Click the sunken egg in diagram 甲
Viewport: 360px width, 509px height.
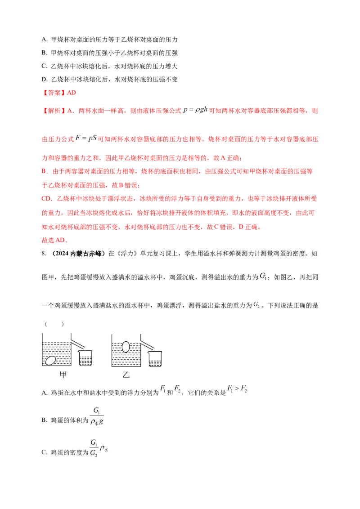pyautogui.click(x=50, y=360)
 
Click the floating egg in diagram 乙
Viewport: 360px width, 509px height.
pyautogui.click(x=126, y=347)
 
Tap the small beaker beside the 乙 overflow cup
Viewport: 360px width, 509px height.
pyautogui.click(x=155, y=359)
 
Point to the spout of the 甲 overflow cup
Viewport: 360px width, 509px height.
pyautogui.click(x=78, y=342)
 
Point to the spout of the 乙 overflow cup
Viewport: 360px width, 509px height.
pyautogui.click(x=148, y=343)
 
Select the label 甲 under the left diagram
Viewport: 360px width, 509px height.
pyautogui.click(x=63, y=375)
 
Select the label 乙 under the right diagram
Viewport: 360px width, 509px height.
pyautogui.click(x=126, y=375)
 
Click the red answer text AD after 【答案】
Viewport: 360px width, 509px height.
pyautogui.click(x=72, y=93)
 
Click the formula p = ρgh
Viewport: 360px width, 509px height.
pyautogui.click(x=195, y=110)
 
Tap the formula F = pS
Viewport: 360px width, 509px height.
pyautogui.click(x=86, y=138)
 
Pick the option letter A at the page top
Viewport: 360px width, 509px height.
pyautogui.click(x=45, y=40)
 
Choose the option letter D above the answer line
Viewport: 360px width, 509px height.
pyautogui.click(x=45, y=80)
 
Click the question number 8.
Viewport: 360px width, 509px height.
pyautogui.click(x=44, y=254)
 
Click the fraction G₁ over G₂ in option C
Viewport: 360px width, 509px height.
pyautogui.click(x=94, y=448)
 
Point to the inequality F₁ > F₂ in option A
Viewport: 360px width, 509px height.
pyautogui.click(x=237, y=388)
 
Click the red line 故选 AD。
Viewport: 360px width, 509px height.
pyautogui.click(x=55, y=240)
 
